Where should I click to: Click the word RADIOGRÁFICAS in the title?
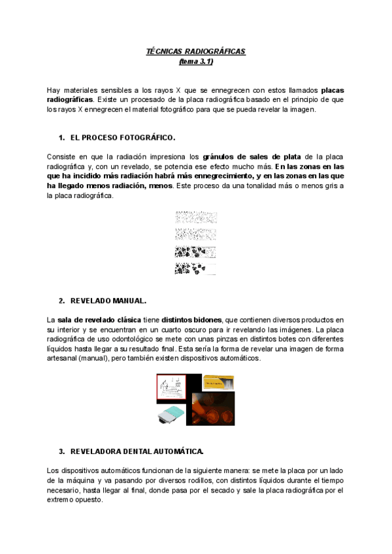point(218,52)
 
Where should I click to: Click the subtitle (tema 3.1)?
point(196,61)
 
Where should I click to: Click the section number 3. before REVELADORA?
point(61,451)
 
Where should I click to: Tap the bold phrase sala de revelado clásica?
point(108,319)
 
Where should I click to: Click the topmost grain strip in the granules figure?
point(196,218)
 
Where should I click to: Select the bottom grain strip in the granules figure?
point(196,268)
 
